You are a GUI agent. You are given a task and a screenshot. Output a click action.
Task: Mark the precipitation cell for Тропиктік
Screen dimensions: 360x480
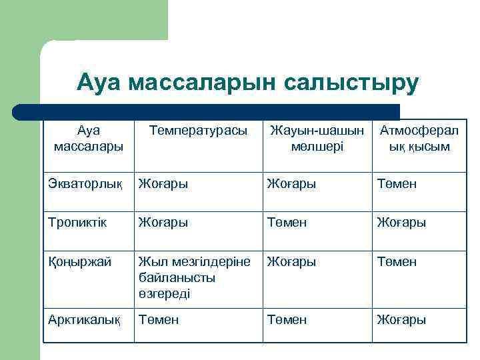point(287,222)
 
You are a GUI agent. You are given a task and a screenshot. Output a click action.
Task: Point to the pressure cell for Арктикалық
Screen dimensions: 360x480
point(401,320)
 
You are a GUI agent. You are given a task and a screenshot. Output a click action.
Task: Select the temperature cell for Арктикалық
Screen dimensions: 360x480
point(159,320)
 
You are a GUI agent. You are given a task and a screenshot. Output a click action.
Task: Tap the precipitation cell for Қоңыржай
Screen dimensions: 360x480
point(292,262)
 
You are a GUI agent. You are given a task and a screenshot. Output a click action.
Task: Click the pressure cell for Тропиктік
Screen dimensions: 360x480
point(401,222)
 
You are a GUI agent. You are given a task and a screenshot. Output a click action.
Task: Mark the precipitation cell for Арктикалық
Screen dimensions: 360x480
point(287,320)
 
